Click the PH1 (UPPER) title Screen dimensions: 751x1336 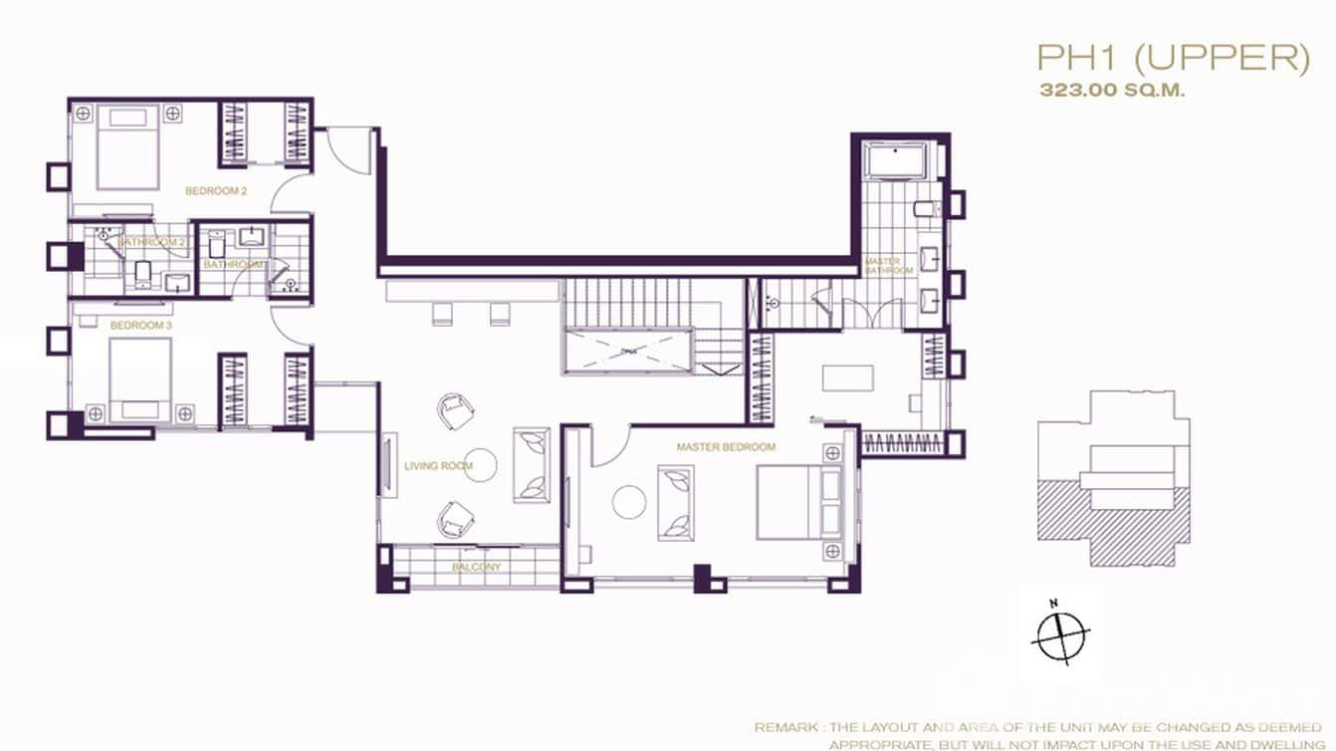coord(1173,59)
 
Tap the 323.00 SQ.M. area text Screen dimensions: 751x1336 coord(1112,90)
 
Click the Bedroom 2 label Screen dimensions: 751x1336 coord(216,190)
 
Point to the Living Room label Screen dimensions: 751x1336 coord(438,465)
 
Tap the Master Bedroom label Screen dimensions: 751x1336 coord(726,447)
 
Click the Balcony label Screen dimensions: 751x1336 coord(476,568)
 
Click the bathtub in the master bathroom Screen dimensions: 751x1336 coord(894,160)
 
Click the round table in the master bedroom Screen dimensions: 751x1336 coord(629,501)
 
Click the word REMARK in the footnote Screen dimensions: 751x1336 coord(782,728)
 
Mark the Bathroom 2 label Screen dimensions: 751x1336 coord(151,242)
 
